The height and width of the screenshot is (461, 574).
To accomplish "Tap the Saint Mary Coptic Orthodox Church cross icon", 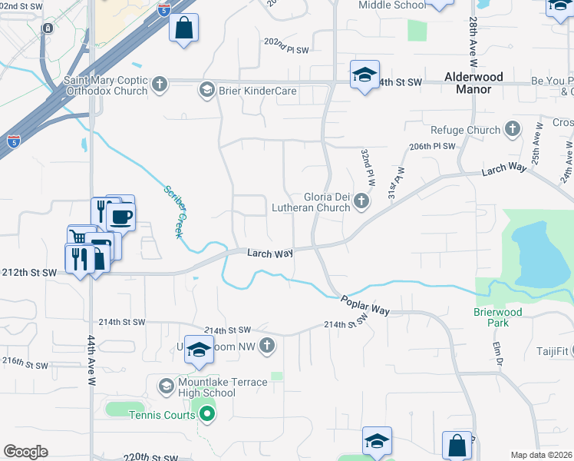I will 160,83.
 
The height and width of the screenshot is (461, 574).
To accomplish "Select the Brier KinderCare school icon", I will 206,91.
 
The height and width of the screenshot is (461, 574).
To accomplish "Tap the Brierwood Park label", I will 497,318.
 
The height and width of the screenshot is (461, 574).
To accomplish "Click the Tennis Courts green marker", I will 206,416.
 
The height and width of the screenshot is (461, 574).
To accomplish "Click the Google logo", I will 25,452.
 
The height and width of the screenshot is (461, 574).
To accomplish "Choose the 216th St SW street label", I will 23,360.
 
